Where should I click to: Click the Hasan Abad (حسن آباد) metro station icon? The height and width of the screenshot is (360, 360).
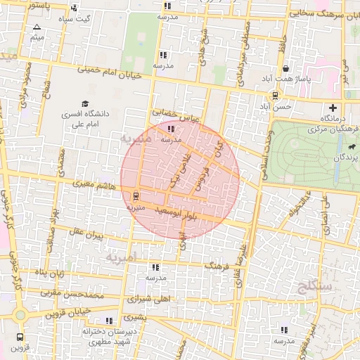[x=274, y=96]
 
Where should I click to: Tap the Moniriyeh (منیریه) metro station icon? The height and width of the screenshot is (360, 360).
[x=135, y=196]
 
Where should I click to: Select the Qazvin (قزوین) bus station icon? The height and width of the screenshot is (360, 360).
[x=20, y=337]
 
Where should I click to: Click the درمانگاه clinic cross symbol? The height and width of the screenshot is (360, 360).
[x=333, y=108]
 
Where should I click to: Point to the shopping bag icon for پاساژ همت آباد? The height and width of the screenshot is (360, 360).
[x=286, y=69]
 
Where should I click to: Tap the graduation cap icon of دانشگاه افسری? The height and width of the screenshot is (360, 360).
[x=85, y=104]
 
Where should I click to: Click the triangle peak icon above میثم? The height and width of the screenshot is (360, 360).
[x=37, y=27]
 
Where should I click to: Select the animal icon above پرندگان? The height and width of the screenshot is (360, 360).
[x=349, y=147]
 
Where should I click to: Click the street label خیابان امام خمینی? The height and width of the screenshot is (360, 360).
[x=113, y=72]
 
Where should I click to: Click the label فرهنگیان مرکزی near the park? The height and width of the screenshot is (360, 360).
[x=332, y=130]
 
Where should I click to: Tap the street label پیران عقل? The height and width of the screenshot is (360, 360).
[x=86, y=233]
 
